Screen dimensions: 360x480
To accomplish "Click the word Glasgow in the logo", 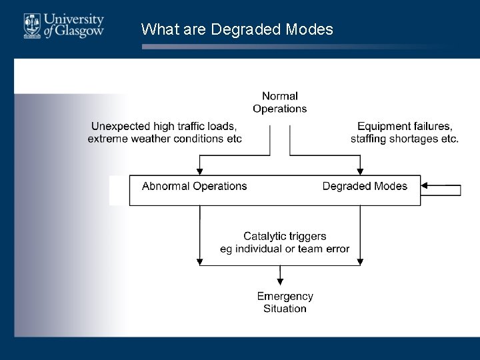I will tap(79, 31).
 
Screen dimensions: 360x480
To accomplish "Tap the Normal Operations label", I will tap(280, 103).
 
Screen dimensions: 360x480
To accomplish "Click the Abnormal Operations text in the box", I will tap(194, 187).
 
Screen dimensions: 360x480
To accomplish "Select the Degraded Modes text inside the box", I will tap(365, 187).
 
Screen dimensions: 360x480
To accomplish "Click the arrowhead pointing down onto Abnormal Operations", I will tap(199, 171).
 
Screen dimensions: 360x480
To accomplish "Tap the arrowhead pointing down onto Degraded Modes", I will tap(360, 171).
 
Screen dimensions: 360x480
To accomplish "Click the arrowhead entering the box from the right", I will tap(426, 187).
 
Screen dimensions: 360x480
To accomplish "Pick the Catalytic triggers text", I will tap(285, 236).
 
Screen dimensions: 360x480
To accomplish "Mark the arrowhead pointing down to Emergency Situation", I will tap(280, 282).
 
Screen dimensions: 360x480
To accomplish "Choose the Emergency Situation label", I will tap(285, 303).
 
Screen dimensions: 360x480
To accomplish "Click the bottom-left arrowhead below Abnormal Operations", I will tap(199, 262).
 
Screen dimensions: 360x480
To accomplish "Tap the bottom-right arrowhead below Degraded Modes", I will tap(360, 262).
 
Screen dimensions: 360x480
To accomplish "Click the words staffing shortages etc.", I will tap(405, 139).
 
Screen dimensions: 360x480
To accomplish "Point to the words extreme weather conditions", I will tap(157, 139).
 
